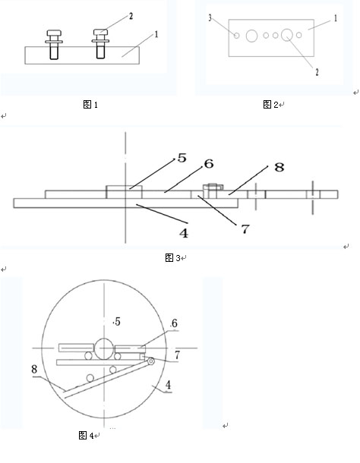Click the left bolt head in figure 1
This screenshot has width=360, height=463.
54,33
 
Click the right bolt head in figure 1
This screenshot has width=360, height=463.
101,32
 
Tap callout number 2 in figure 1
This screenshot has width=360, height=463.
131,16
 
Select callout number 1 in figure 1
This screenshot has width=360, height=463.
156,34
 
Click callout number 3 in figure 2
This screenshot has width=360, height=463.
210,17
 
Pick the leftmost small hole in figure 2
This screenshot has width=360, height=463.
236,36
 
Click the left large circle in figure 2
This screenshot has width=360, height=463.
251,36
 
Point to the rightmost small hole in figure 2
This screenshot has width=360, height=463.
298,35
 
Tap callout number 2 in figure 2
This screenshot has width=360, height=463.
317,72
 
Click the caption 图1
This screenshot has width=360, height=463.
90,104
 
